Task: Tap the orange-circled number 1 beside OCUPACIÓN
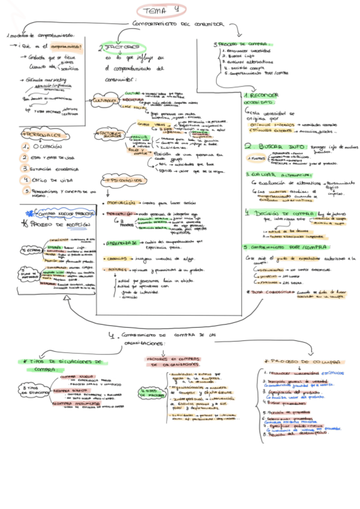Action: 26,146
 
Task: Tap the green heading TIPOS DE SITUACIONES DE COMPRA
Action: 61,366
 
